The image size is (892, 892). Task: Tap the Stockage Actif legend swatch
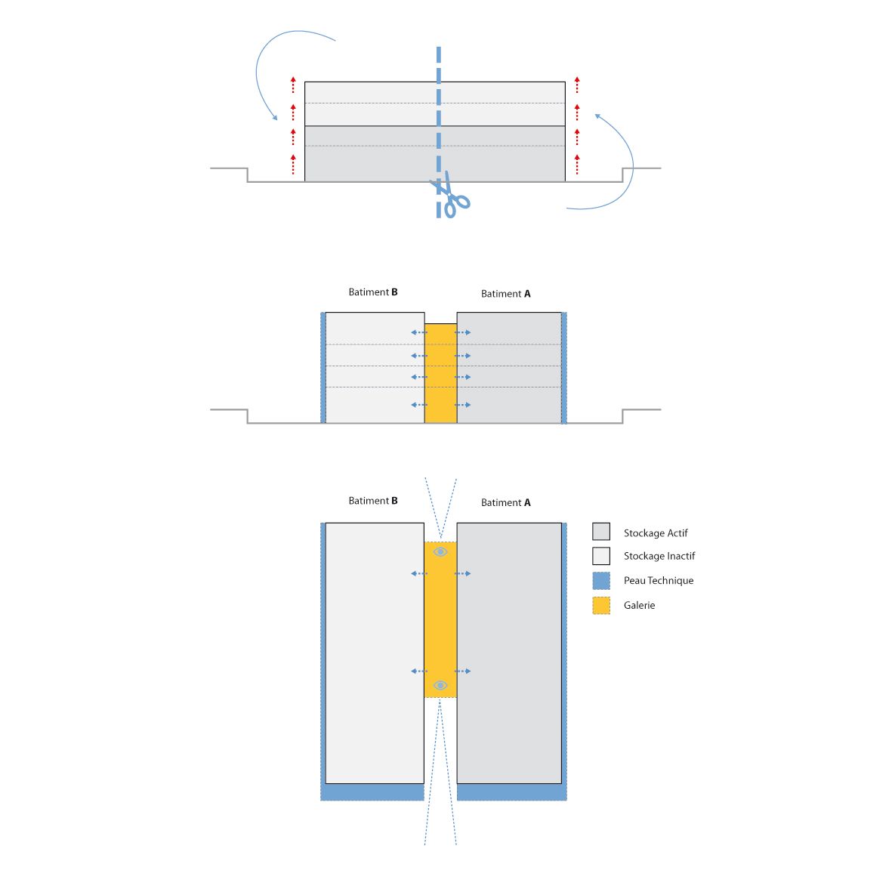[601, 532]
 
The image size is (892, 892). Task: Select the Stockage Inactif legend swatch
[601, 556]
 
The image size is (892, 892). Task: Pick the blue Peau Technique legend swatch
[601, 580]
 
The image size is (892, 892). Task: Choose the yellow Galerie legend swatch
[601, 605]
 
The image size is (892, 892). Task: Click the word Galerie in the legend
[639, 605]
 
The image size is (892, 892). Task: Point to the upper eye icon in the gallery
[440, 552]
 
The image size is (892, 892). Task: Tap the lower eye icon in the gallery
[440, 685]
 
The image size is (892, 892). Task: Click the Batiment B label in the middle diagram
[373, 292]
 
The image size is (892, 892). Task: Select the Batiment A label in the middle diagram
[506, 294]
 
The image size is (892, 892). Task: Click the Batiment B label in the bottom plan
[373, 501]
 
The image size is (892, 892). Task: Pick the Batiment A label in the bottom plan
[506, 502]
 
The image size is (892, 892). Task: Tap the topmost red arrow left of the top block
[293, 85]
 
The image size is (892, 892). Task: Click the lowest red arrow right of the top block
[577, 164]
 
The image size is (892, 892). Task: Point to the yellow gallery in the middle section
[440, 373]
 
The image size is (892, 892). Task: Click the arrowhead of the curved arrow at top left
[275, 118]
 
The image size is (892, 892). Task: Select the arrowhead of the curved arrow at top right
[597, 116]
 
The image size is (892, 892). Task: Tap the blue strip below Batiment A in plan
[511, 792]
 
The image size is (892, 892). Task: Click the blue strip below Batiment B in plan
[372, 792]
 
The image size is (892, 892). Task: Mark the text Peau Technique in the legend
[659, 580]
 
